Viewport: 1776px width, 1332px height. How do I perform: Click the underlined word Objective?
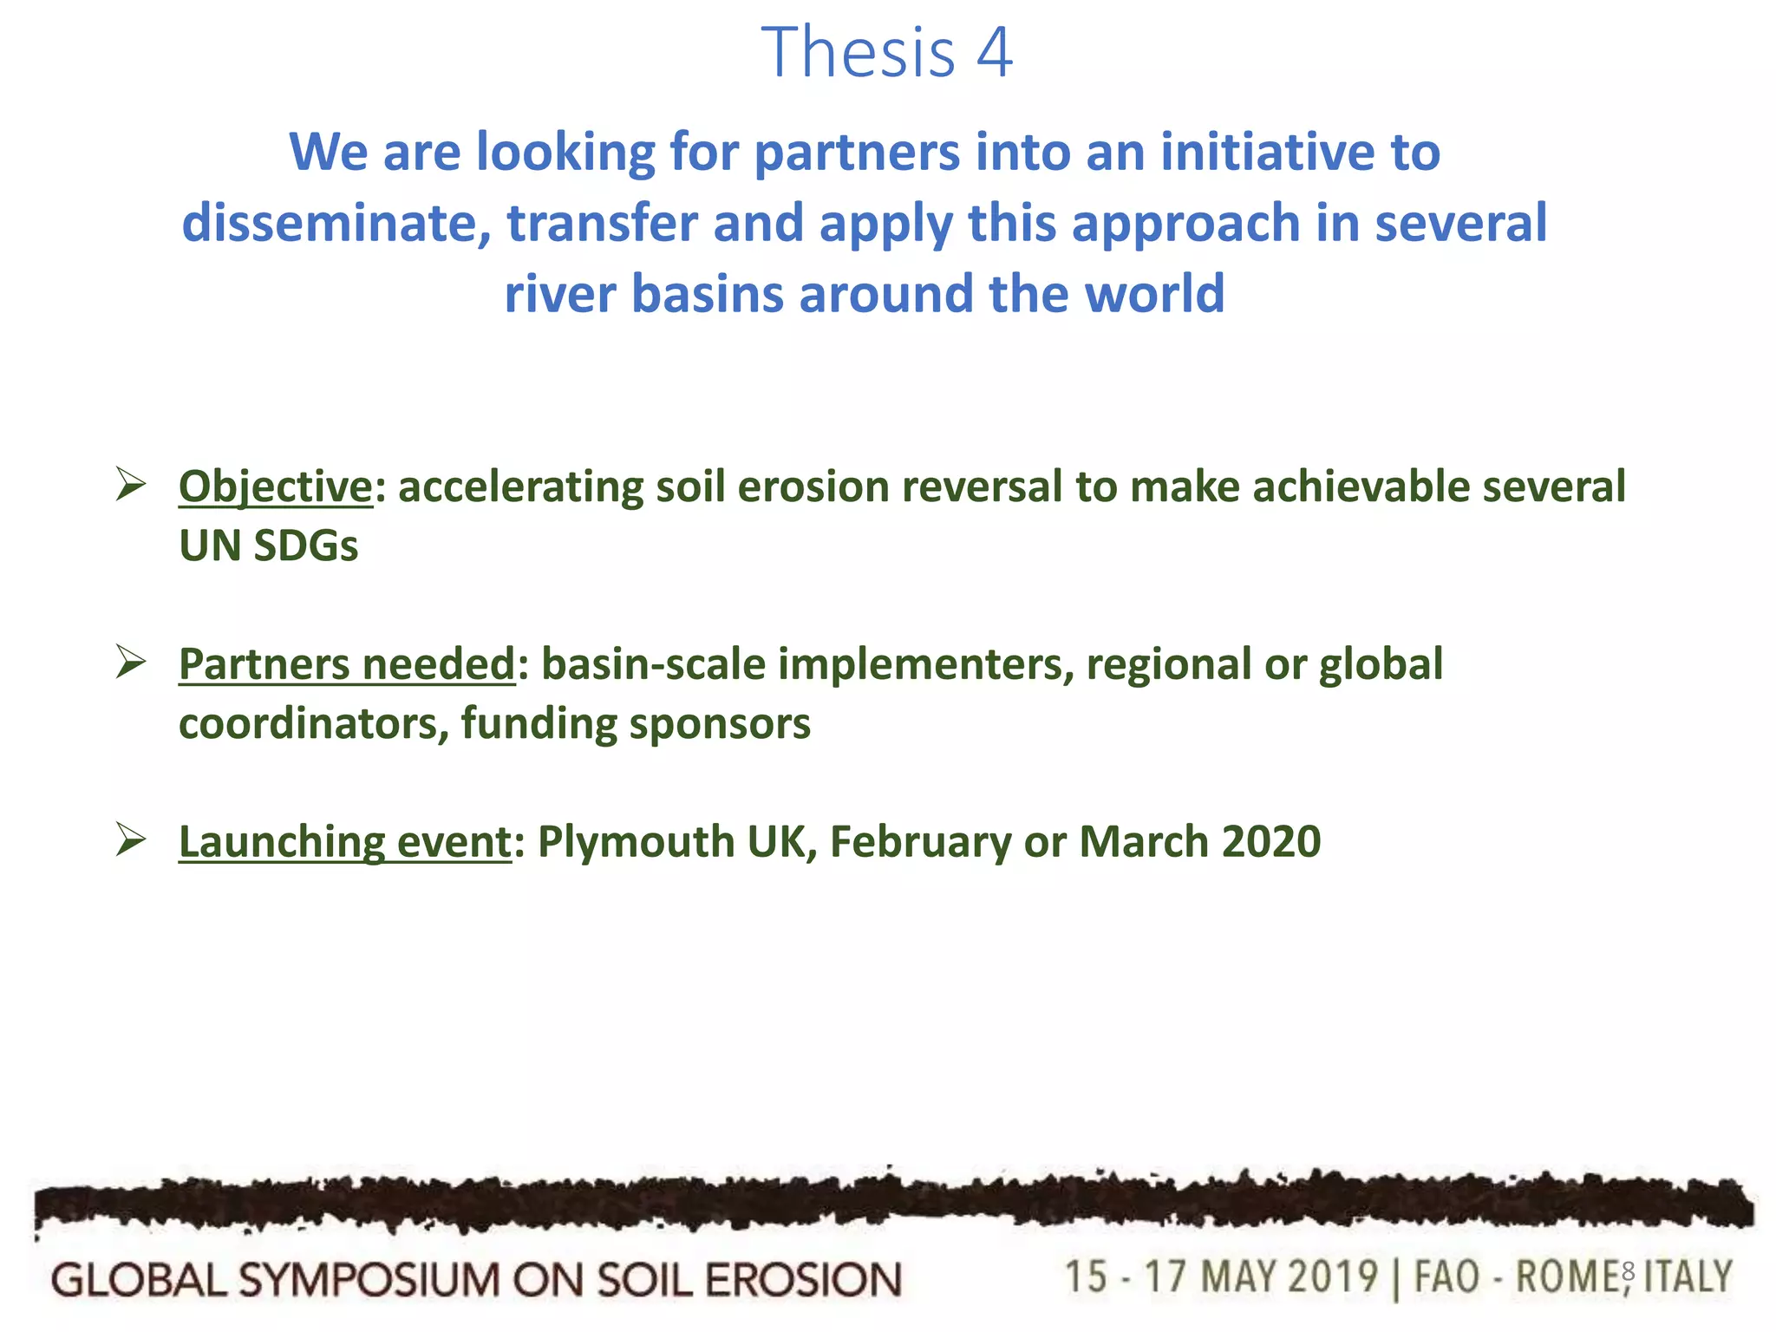click(275, 486)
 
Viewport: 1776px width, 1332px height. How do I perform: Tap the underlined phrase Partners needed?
click(347, 664)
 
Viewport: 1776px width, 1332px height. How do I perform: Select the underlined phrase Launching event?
click(344, 842)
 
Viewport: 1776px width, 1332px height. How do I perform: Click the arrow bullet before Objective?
click(131, 484)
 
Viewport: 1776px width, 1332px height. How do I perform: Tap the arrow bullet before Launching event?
click(131, 840)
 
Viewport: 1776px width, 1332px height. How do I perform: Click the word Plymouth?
click(636, 842)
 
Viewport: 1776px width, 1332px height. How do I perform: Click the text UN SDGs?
click(268, 546)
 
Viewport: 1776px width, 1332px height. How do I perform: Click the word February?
click(919, 842)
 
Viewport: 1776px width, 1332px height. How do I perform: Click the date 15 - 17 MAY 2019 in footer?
click(1220, 1277)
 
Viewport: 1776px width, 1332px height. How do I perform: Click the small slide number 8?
click(1628, 1272)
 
